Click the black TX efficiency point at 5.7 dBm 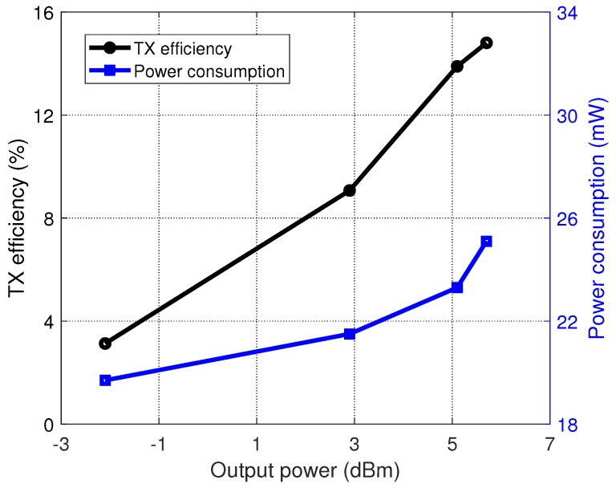(486, 43)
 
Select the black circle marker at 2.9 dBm (350, 190)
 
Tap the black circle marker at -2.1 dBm (105, 343)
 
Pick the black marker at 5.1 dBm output (457, 66)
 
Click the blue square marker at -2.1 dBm (105, 380)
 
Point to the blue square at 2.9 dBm (350, 334)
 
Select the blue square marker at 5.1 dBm (457, 287)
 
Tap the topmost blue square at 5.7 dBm (486, 241)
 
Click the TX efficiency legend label (183, 49)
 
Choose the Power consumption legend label (209, 71)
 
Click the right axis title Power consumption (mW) (598, 218)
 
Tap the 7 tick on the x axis (549, 444)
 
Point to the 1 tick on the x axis (257, 444)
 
